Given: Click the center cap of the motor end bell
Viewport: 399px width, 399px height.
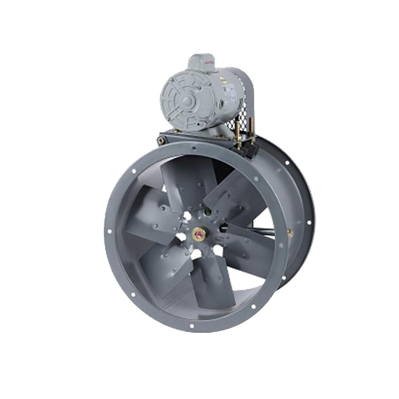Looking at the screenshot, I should pyautogui.click(x=185, y=101).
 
